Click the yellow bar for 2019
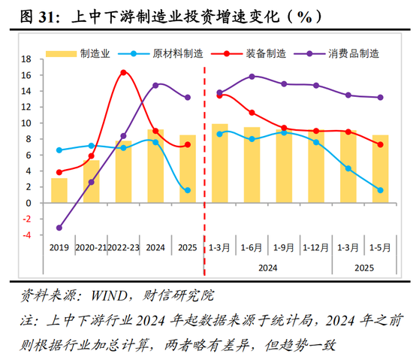coord(59,190)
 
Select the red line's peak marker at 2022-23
coord(124,72)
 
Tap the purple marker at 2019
coord(59,228)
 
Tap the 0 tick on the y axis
coord(29,203)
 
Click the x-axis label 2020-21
coord(91,247)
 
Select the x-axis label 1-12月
coord(315,247)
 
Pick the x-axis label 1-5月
coord(380,247)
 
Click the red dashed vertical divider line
coord(204,150)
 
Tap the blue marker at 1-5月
coord(381,190)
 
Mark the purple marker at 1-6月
coord(252,77)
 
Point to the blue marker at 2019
coord(59,150)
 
